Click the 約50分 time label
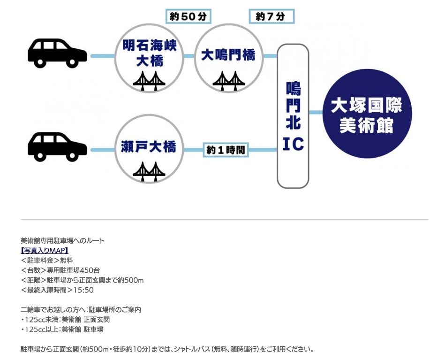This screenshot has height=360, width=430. click(189, 16)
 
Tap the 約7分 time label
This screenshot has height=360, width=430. click(271, 16)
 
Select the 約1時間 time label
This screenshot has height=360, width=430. click(226, 150)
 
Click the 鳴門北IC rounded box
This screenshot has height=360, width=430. click(293, 116)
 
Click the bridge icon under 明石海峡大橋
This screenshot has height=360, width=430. click(149, 81)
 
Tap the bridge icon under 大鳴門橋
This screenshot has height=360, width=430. click(228, 81)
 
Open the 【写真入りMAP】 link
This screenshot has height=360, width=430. click(45, 251)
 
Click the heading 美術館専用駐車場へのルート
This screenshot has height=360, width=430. click(63, 241)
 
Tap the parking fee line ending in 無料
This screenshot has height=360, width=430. click(47, 260)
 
